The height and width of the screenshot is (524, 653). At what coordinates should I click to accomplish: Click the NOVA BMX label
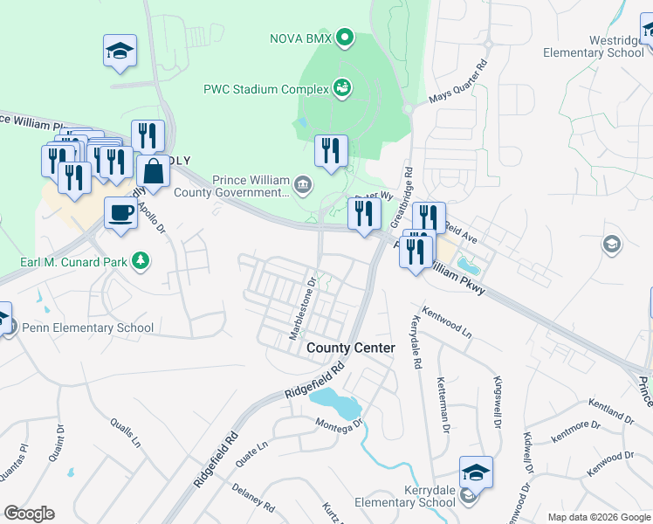pos(301,38)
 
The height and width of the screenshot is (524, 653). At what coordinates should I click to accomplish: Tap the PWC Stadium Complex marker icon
pos(343,88)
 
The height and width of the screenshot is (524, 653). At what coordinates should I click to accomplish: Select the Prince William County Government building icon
pos(302,183)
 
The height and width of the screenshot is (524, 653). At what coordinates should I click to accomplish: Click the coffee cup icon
pos(120,211)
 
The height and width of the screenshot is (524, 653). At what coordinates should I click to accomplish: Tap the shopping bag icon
pos(154,172)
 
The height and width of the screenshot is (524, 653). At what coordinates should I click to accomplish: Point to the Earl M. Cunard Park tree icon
pos(140,260)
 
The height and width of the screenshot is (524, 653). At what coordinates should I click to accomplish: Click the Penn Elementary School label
pos(88,328)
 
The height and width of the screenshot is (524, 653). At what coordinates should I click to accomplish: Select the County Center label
pos(351,348)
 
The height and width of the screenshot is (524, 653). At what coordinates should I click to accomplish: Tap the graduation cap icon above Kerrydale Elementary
pos(476,472)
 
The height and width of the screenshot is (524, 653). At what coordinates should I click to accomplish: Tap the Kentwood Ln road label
pos(446,322)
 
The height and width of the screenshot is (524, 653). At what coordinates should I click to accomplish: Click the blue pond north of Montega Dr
pos(335,403)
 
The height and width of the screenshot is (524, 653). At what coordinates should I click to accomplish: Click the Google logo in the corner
pos(29,514)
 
